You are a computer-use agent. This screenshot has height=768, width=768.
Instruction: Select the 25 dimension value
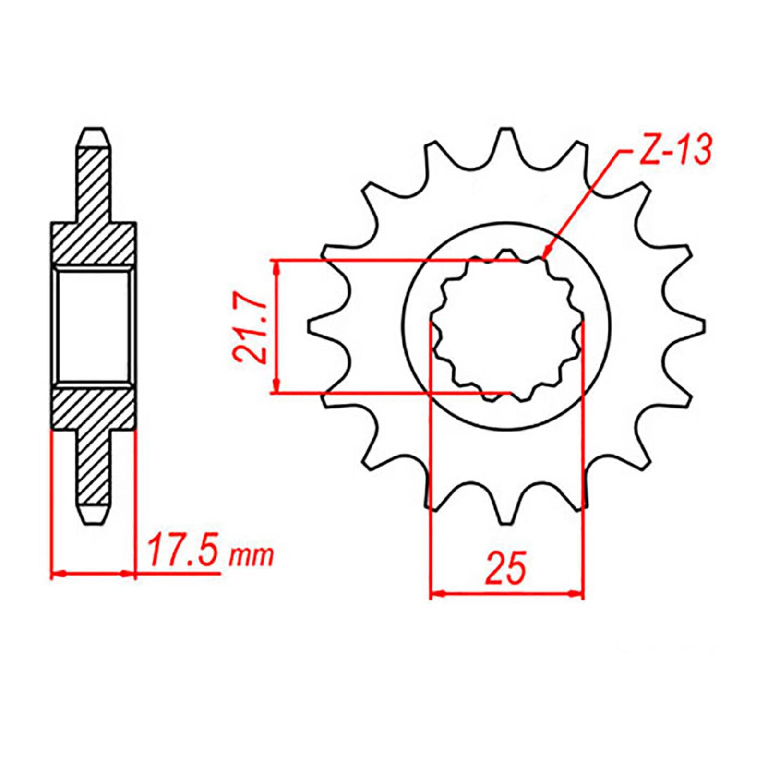tap(506, 569)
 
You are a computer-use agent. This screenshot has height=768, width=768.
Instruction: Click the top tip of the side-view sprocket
tap(94, 132)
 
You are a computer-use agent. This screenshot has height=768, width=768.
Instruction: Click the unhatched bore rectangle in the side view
tap(94, 326)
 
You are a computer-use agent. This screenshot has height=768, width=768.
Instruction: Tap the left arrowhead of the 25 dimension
tap(436, 594)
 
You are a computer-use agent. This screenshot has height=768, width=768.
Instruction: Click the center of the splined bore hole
tap(506, 326)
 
